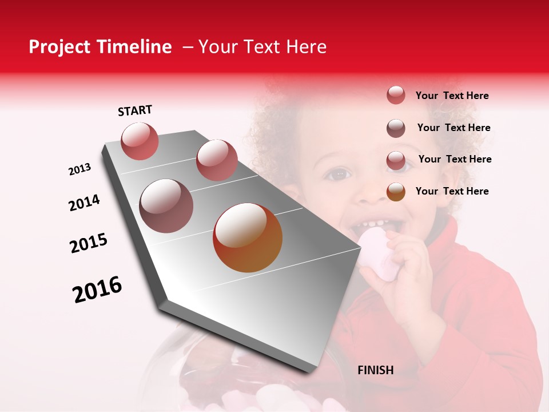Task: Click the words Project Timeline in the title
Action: (100, 47)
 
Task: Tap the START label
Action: (135, 110)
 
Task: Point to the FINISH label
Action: (375, 370)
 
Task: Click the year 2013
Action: (79, 169)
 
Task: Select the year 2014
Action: (84, 203)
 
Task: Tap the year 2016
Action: (97, 290)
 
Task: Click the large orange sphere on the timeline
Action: (248, 237)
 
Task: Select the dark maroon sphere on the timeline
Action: (166, 206)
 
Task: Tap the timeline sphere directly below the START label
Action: (140, 141)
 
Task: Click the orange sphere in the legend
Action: (396, 192)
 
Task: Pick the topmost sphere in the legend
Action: (396, 95)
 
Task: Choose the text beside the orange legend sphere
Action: (452, 191)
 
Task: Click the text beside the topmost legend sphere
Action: (452, 96)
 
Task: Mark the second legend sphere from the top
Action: (396, 128)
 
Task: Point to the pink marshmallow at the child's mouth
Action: (377, 252)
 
